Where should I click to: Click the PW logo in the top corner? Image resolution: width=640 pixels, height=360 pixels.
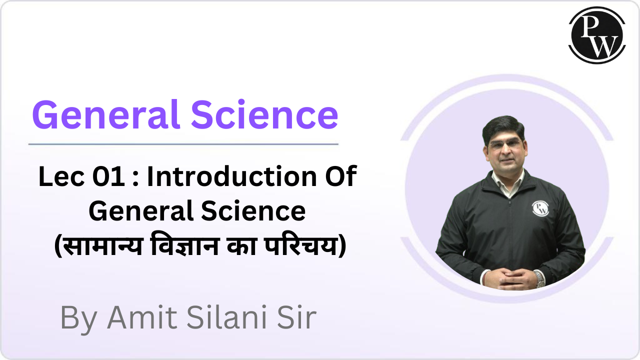pos(597,35)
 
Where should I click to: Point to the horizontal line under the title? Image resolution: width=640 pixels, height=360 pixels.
pos(183,144)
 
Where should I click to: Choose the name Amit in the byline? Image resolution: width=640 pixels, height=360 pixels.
pos(135,317)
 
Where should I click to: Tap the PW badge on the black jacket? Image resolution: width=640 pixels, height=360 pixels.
pos(540,208)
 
